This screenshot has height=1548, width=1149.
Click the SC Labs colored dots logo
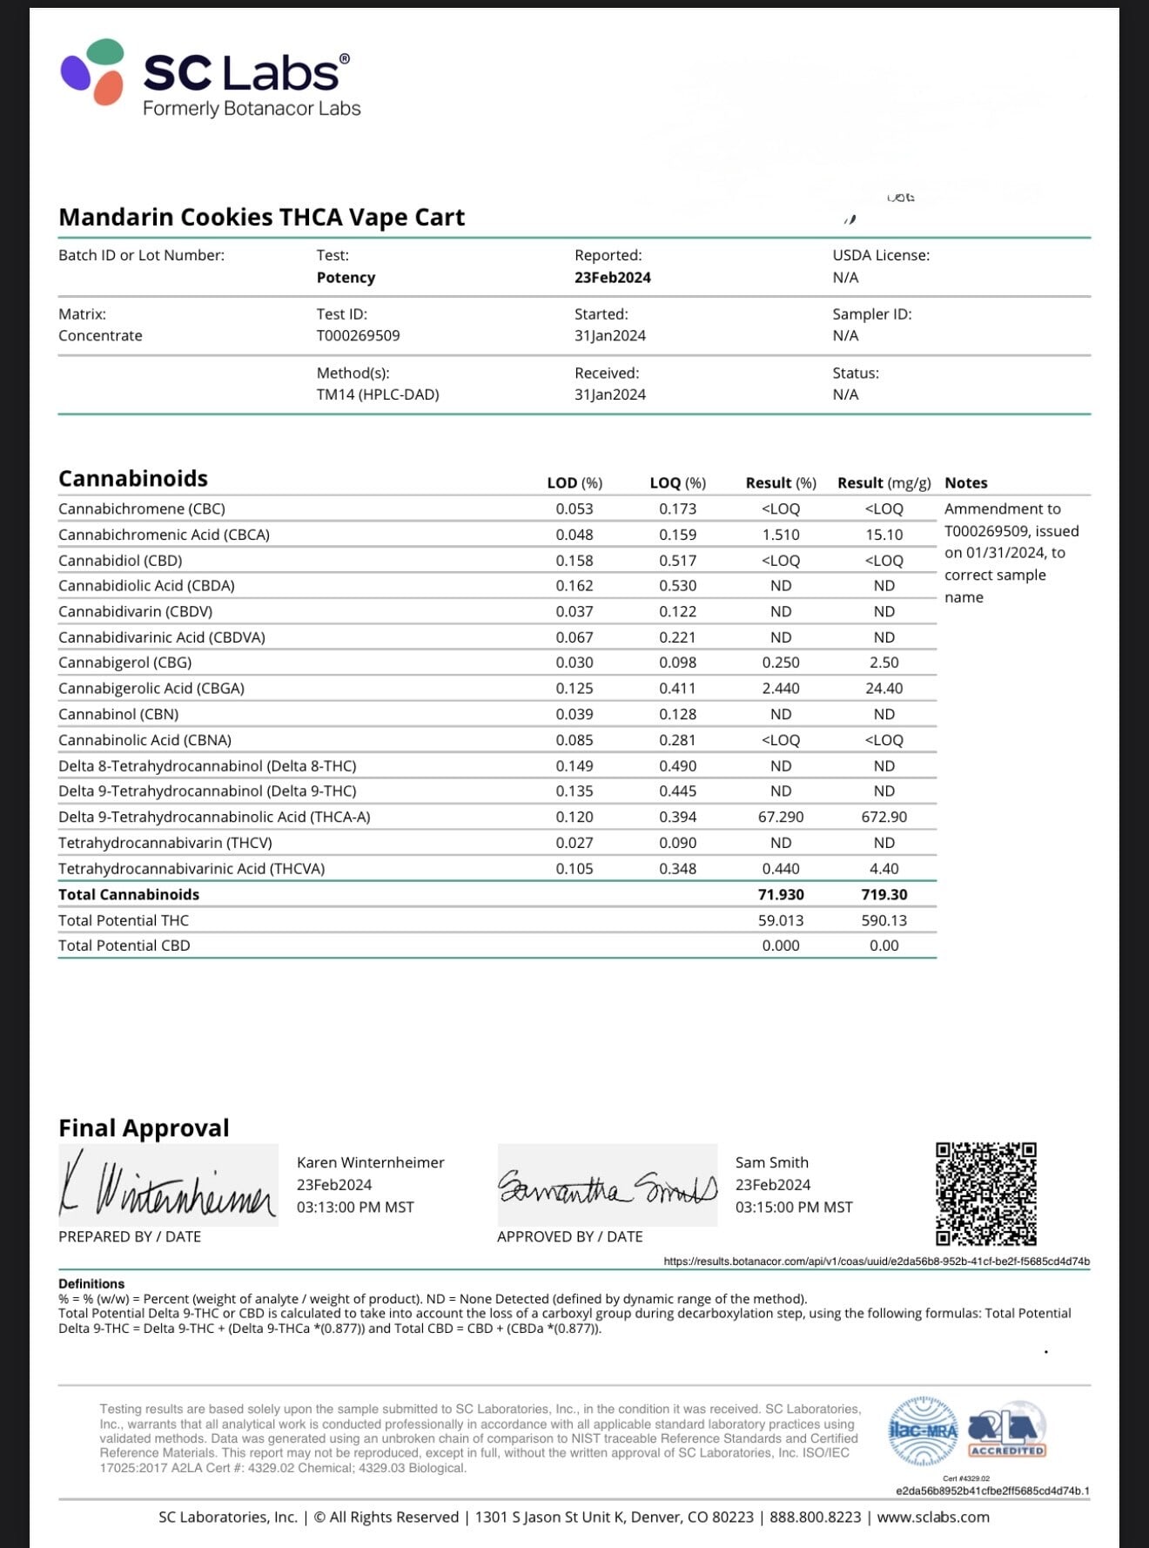pyautogui.click(x=92, y=71)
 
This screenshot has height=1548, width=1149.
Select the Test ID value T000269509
pyautogui.click(x=358, y=335)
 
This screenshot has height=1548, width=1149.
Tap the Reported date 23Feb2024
pyautogui.click(x=612, y=277)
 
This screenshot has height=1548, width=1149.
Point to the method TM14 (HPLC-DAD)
pyautogui.click(x=377, y=394)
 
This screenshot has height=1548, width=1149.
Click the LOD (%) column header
pyautogui.click(x=574, y=482)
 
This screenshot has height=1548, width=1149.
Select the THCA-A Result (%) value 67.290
pyautogui.click(x=781, y=817)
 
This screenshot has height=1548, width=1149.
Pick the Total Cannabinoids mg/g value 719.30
pyautogui.click(x=884, y=894)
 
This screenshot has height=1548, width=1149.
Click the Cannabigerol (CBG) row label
pyautogui.click(x=124, y=663)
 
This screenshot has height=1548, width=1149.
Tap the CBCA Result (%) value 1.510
pyautogui.click(x=781, y=535)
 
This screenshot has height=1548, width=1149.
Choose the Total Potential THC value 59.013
pyautogui.click(x=781, y=920)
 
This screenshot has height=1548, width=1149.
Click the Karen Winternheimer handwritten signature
pyautogui.click(x=167, y=1187)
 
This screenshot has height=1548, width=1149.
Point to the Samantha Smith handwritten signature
pyautogui.click(x=607, y=1187)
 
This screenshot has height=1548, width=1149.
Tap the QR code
pyautogui.click(x=985, y=1194)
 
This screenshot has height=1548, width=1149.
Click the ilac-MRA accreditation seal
pyautogui.click(x=923, y=1430)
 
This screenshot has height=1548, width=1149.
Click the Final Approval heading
pyautogui.click(x=144, y=1127)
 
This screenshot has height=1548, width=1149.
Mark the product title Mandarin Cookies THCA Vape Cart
pyautogui.click(x=261, y=217)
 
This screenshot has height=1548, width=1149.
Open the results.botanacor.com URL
pyautogui.click(x=876, y=1261)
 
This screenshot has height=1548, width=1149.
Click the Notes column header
pyautogui.click(x=965, y=482)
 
